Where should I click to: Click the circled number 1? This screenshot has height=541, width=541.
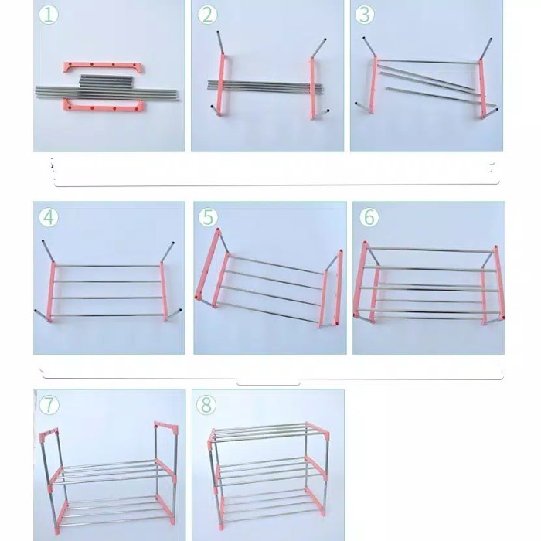pos(49,15)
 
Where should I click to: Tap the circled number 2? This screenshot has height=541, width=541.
pos(207,15)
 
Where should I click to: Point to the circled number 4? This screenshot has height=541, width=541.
pos(49,217)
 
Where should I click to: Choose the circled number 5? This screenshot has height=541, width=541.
pos(208,217)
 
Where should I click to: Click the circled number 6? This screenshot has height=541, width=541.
pos(369,217)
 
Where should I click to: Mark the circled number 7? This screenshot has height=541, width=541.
pos(49,404)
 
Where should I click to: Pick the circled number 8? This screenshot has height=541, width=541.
pos(207,404)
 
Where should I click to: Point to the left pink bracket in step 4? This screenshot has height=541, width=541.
pos(53,293)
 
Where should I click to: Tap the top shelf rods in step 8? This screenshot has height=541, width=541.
pos(267,432)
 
